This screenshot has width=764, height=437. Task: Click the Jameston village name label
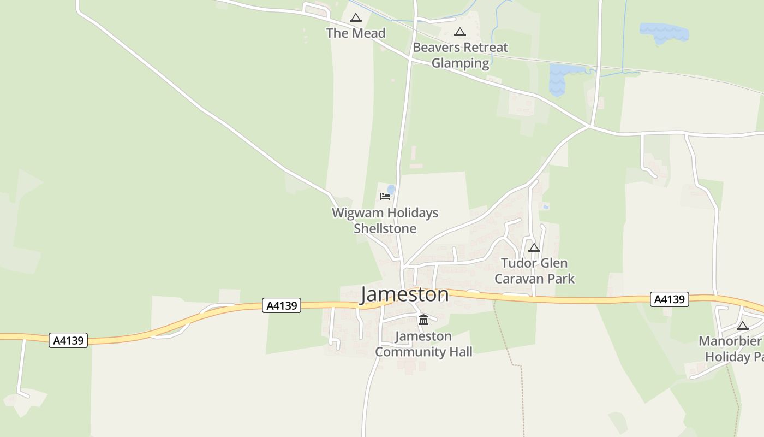click(x=404, y=294)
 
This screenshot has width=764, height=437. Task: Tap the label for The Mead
click(x=356, y=33)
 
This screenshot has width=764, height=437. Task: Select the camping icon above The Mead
click(x=356, y=18)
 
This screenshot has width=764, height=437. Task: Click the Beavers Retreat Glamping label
click(x=460, y=55)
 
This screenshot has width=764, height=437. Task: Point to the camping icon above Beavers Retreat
click(x=460, y=32)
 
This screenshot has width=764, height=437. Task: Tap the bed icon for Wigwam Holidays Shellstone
click(x=385, y=197)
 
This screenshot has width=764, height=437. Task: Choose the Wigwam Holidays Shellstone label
click(x=385, y=221)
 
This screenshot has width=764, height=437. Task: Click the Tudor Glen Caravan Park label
click(x=534, y=271)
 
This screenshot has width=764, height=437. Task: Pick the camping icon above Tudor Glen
click(x=534, y=248)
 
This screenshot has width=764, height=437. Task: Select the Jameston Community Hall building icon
click(x=423, y=320)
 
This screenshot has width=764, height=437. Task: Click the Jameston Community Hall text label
click(x=423, y=344)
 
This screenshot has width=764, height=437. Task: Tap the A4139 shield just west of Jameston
click(x=282, y=305)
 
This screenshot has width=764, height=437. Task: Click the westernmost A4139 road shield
click(x=68, y=340)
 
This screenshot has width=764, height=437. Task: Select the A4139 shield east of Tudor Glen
click(x=670, y=299)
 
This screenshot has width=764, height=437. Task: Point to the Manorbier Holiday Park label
click(x=731, y=349)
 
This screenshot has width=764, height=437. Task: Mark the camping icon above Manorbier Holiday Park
click(x=743, y=326)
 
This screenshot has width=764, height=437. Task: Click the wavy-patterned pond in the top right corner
click(x=664, y=33)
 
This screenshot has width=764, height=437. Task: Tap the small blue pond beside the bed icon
click(x=391, y=189)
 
